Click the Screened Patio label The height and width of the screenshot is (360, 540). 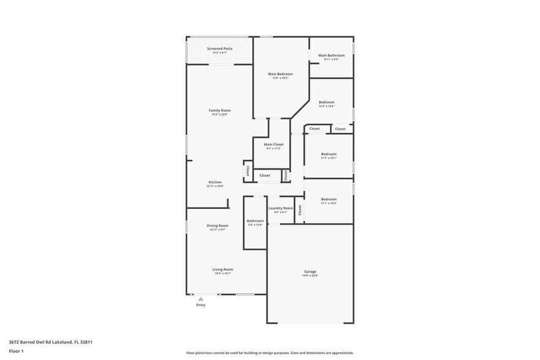(x=219, y=48)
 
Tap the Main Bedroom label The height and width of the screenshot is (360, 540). (x=280, y=74)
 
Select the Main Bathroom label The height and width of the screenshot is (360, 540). (x=331, y=56)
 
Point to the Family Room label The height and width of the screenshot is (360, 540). (x=219, y=110)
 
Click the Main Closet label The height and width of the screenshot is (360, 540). (x=273, y=144)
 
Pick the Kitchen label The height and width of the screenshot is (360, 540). (x=215, y=182)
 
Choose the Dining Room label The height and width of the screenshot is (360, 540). (x=217, y=225)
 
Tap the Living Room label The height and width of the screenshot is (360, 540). (x=222, y=269)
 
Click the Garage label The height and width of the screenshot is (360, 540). (x=310, y=271)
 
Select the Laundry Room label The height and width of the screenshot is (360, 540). (x=280, y=208)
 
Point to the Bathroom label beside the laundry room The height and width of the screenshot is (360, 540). (x=255, y=220)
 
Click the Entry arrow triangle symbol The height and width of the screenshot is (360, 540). (x=200, y=299)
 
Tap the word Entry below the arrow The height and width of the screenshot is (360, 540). (x=200, y=305)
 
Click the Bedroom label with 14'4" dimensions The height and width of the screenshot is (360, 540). (x=326, y=102)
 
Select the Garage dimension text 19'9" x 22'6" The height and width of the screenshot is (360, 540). (x=310, y=276)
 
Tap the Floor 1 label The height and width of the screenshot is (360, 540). (x=16, y=351)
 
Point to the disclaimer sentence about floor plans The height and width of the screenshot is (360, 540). (x=270, y=353)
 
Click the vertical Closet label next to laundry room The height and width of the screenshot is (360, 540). (x=300, y=210)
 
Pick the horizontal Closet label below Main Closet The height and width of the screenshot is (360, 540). (x=264, y=176)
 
